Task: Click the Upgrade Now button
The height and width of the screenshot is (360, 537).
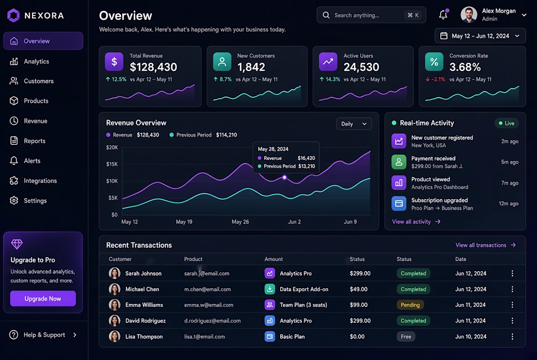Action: point(43,299)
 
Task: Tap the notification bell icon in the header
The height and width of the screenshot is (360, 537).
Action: point(443,14)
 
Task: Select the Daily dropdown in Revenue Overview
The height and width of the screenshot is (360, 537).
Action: point(354,124)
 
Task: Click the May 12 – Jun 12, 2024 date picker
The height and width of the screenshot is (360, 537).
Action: point(480,36)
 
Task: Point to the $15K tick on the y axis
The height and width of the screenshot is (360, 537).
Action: point(112,164)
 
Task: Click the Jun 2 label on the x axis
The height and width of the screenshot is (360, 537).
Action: point(294,222)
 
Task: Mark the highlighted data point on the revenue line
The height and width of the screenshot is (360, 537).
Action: point(284,177)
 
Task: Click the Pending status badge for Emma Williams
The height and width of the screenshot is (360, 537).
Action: point(410,305)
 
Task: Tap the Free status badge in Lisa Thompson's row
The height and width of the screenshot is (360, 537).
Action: point(406,337)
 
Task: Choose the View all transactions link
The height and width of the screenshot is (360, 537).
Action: point(485,245)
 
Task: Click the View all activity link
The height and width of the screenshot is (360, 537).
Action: point(416,222)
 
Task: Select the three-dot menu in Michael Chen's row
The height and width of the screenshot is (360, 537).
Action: point(512,289)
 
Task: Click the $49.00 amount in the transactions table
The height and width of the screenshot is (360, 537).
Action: point(359,289)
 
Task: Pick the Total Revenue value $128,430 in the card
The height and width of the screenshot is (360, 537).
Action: point(153,67)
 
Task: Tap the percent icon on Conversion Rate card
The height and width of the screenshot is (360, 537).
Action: point(434,61)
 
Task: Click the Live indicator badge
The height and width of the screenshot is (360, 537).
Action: point(507,123)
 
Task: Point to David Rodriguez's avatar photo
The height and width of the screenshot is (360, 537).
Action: point(114,320)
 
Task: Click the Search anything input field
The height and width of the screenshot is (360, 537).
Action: point(371,15)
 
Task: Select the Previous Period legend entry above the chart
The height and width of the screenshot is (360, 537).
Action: point(203,135)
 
